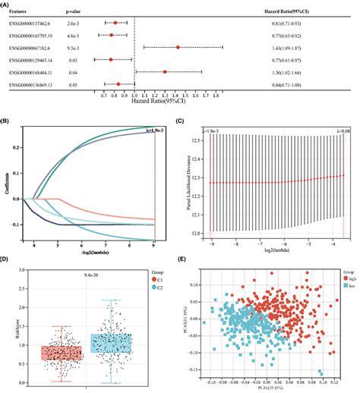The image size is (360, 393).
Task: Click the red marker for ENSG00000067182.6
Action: point(178,46)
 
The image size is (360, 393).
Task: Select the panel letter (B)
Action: point(7,120)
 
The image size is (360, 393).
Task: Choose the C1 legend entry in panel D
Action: point(158,289)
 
